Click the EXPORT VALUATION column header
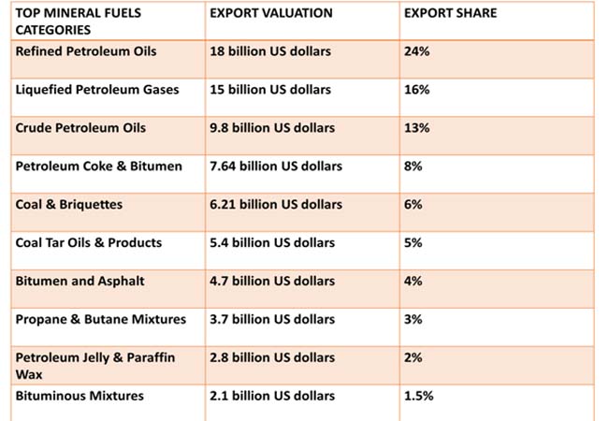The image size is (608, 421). (x=271, y=14)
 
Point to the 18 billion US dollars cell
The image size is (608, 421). (x=270, y=51)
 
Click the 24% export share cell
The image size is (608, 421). (x=417, y=51)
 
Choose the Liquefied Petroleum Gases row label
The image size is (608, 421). (x=97, y=90)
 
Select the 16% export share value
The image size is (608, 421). (x=417, y=90)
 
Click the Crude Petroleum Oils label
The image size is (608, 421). (x=80, y=128)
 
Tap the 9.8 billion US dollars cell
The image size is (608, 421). (x=272, y=128)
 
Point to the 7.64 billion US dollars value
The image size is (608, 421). (x=276, y=167)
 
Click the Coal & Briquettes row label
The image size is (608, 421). (x=69, y=205)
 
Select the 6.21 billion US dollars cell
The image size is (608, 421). (x=276, y=205)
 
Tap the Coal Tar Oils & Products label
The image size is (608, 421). (x=89, y=243)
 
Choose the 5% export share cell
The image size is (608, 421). (x=413, y=243)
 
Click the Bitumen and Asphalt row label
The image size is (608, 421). (x=80, y=282)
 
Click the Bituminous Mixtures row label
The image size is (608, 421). (x=80, y=396)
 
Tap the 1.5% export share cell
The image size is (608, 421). (x=419, y=396)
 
